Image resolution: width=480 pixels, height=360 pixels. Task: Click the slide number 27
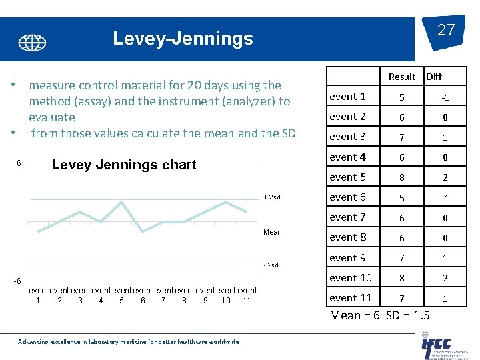[x=446, y=30]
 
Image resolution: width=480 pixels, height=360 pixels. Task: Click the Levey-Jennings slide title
[x=183, y=39]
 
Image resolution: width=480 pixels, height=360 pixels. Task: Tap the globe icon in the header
[x=32, y=43]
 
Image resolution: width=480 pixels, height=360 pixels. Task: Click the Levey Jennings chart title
[x=123, y=165]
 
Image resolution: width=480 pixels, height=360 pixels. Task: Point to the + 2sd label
[x=273, y=197]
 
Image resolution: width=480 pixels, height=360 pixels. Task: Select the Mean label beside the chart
[x=273, y=232]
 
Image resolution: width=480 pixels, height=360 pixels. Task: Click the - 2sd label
[x=273, y=265]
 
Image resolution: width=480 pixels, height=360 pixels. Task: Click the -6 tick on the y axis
[x=19, y=281]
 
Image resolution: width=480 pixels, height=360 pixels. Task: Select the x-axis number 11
[x=246, y=301]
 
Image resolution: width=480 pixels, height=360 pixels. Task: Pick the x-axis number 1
[x=38, y=301]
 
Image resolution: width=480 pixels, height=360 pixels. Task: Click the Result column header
[x=401, y=77]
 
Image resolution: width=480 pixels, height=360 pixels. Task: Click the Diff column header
[x=434, y=77]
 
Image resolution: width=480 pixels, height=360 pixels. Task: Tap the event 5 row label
[x=347, y=177]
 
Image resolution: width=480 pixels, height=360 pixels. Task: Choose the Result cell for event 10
[x=401, y=278]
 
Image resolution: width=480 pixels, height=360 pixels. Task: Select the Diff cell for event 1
[x=445, y=97]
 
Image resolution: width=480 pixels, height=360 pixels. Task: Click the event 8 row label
[x=347, y=237]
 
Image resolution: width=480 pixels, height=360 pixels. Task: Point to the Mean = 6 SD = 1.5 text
[x=380, y=315]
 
